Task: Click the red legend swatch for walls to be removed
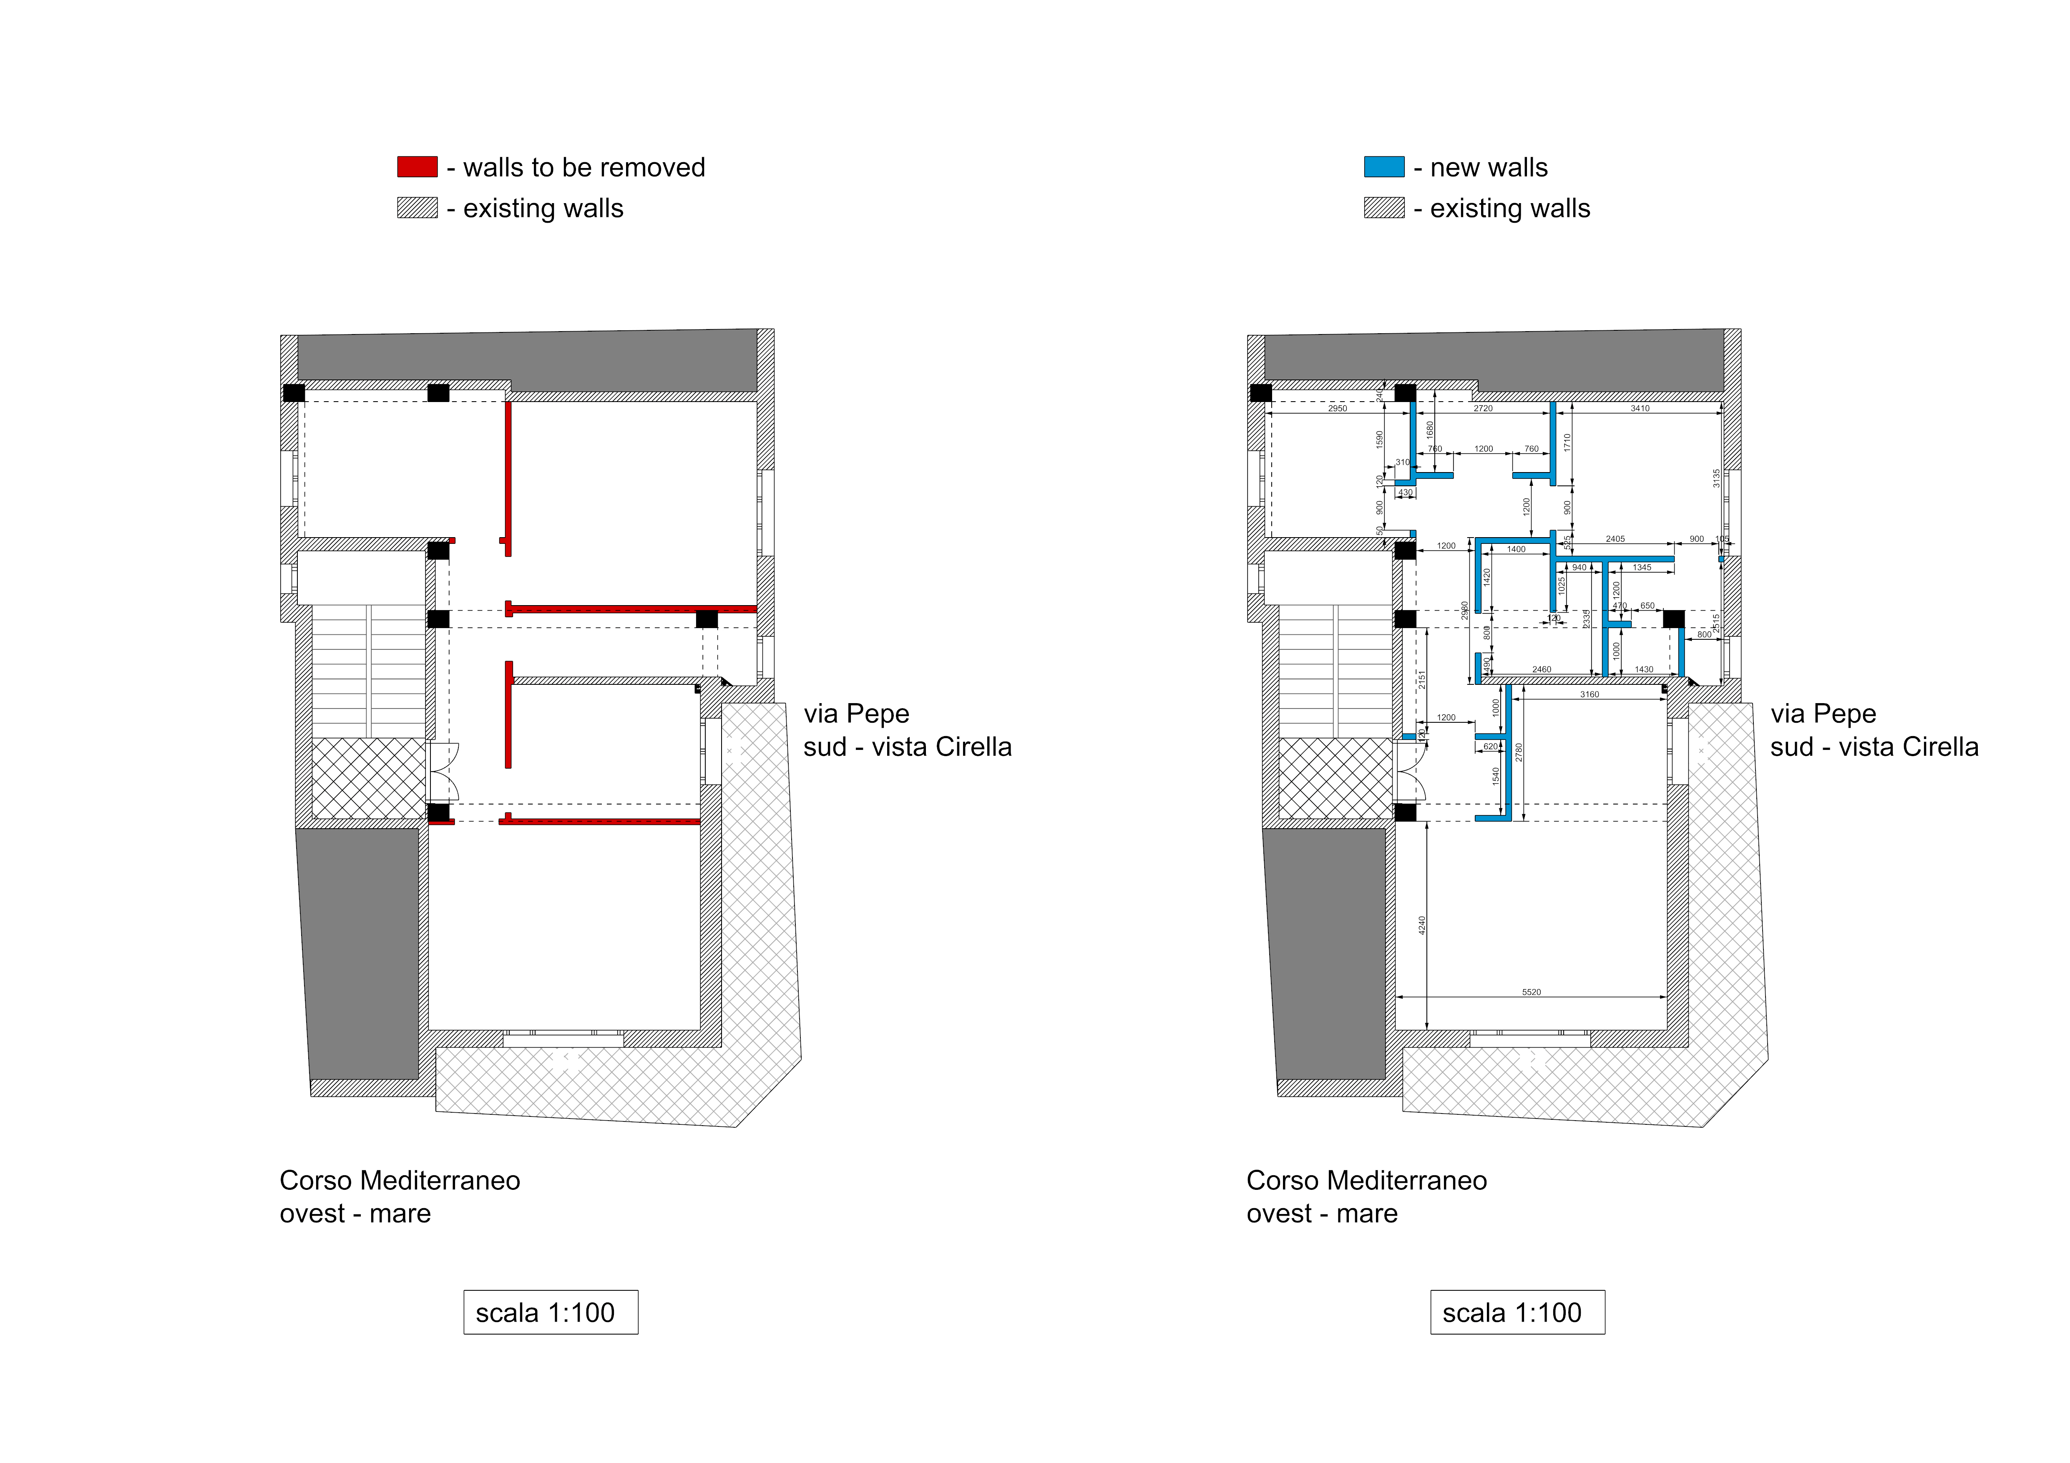point(418,167)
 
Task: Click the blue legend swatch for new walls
point(1384,167)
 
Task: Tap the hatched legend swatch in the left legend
point(418,208)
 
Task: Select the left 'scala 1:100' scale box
point(551,1312)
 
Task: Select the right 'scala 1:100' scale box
point(1517,1312)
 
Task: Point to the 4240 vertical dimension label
point(1422,925)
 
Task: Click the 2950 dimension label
point(1337,408)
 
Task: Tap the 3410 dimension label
point(1640,408)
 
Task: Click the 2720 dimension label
point(1483,408)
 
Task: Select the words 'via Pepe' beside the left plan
point(857,714)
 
